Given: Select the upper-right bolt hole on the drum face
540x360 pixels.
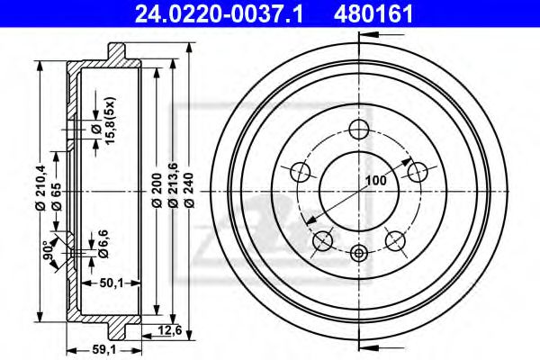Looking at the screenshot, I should [416, 171].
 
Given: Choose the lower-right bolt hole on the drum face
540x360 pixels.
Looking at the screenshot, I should [394, 239].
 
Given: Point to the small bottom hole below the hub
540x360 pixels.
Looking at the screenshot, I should [358, 254].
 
